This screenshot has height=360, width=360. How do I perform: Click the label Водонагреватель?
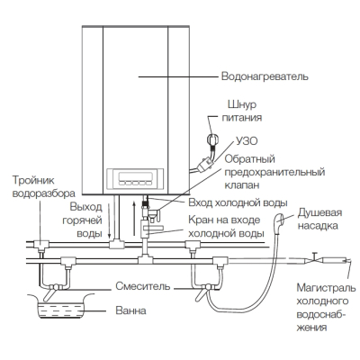click(265, 76)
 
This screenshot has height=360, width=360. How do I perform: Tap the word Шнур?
click(242, 104)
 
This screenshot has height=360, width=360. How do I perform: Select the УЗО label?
click(247, 141)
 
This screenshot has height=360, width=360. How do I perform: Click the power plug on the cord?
click(212, 140)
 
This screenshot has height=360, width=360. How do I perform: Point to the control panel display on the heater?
click(135, 176)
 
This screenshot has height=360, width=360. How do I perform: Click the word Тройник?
click(33, 181)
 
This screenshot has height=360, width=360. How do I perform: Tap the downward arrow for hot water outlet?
click(110, 220)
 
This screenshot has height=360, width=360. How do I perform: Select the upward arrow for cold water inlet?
click(134, 220)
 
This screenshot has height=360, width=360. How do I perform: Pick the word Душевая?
click(319, 212)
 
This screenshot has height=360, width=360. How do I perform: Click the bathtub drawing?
click(60, 306)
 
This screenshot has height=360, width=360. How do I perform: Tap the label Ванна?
click(130, 310)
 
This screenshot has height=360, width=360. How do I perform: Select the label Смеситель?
click(143, 286)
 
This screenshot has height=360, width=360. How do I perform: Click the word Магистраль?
click(326, 288)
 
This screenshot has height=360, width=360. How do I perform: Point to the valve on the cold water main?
click(313, 258)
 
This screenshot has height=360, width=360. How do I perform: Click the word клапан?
click(242, 185)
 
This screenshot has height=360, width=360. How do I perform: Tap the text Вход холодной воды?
click(238, 202)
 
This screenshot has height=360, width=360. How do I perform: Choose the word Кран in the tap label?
click(201, 220)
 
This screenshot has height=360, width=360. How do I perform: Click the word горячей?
click(82, 220)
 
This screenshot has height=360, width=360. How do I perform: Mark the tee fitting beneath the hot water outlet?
click(116, 244)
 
